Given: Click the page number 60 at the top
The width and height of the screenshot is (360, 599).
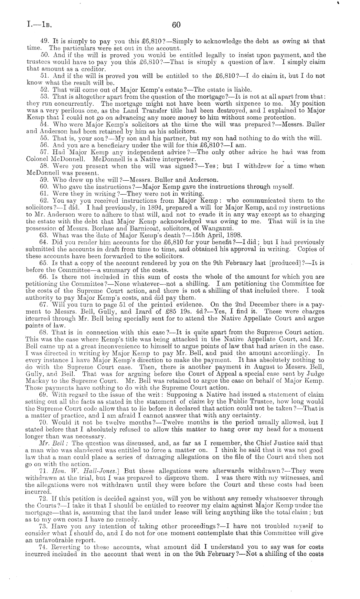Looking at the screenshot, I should coord(176,25).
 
